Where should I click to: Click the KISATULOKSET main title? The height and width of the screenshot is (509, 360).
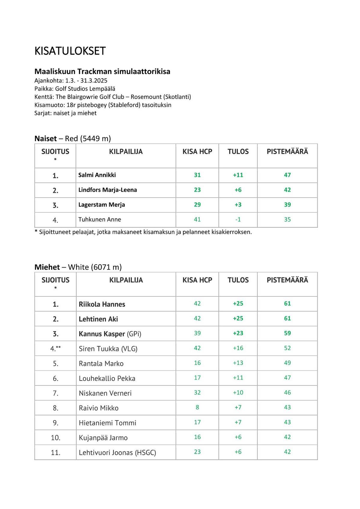[x=70, y=51]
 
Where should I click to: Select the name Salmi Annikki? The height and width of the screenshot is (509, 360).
[x=97, y=175]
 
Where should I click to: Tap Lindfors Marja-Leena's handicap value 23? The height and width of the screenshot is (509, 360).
[x=197, y=190]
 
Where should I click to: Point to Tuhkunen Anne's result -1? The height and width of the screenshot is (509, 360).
[x=238, y=220]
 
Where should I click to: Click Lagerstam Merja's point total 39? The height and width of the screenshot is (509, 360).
[x=287, y=205]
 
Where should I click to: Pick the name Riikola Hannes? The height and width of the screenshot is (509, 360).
[x=102, y=304]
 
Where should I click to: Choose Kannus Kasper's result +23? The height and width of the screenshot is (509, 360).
[x=238, y=333]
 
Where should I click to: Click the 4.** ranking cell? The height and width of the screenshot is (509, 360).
[x=55, y=349]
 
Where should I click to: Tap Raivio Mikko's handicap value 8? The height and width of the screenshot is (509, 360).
[x=197, y=407]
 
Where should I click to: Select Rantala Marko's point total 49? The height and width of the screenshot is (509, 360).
[x=287, y=363]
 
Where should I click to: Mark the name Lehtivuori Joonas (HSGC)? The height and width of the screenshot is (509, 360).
[x=117, y=452]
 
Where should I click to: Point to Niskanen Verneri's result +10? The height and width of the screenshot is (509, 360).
[x=238, y=393]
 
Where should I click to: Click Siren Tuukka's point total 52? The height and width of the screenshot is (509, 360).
[x=287, y=348]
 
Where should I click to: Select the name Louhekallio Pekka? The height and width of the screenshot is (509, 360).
[x=107, y=379]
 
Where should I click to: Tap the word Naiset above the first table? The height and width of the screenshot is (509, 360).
[x=46, y=139]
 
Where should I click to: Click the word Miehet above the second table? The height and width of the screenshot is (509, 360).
[x=47, y=267]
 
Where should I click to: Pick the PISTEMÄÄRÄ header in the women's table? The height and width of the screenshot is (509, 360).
[x=287, y=152]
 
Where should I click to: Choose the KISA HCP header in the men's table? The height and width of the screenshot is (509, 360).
[x=197, y=280]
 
